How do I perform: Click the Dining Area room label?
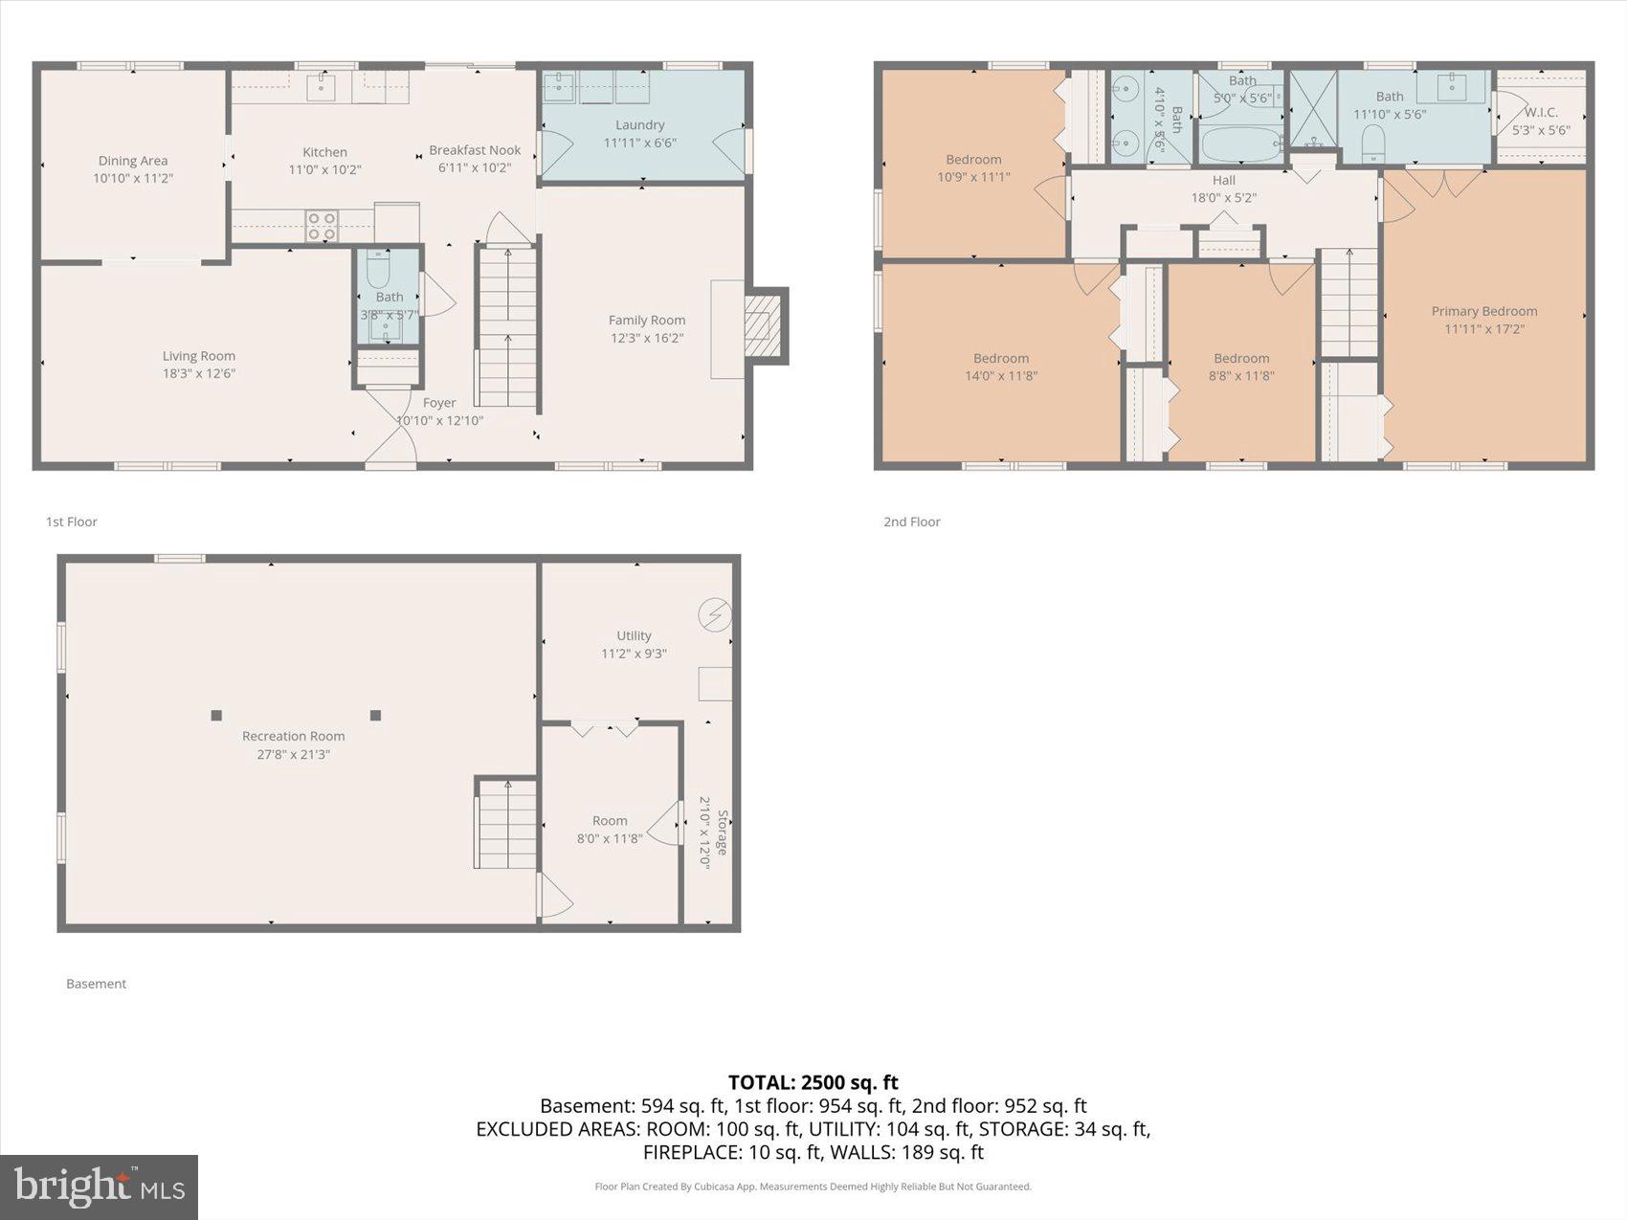pos(133,161)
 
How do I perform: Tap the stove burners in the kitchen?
pos(322,226)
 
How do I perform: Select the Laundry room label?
pos(639,125)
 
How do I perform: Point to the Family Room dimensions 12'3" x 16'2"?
pos(647,338)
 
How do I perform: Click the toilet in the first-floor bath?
pos(379,270)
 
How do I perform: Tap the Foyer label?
pos(439,403)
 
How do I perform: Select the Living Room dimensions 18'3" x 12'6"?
pos(198,373)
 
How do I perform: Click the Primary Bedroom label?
pos(1483,311)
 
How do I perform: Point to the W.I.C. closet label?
pos(1541,113)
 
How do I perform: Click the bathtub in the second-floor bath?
pos(1240,146)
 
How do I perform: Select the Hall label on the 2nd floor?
pos(1223,180)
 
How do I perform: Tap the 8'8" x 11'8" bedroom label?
pos(1241,359)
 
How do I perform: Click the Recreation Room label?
pos(293,736)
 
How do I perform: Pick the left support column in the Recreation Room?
pos(216,715)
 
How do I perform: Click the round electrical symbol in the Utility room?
pos(715,614)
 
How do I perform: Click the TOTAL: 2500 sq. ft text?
pos(813,1082)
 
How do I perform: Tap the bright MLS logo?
pos(99,1187)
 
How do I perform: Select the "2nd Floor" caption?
pos(911,521)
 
